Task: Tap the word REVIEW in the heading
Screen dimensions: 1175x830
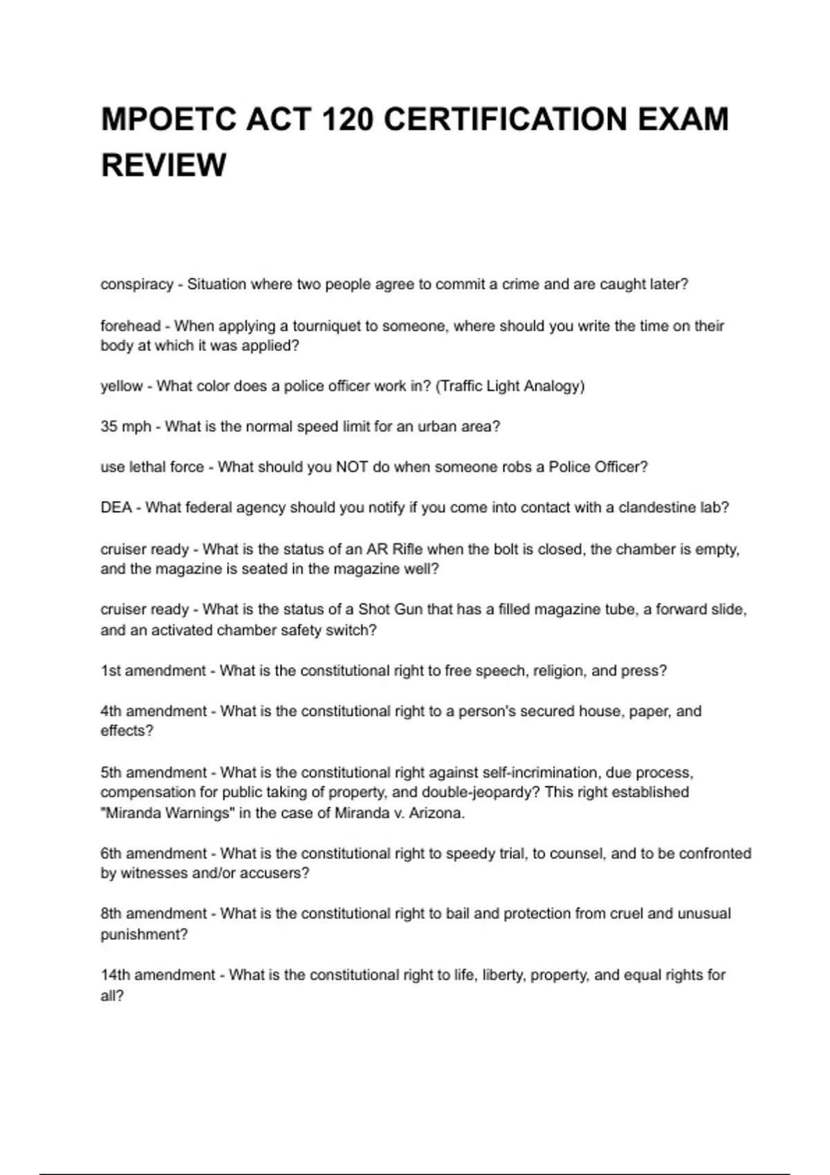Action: (164, 165)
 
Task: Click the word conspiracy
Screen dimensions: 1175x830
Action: (137, 284)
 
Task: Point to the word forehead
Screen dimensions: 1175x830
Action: (131, 326)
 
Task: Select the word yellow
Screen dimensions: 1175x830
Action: (122, 386)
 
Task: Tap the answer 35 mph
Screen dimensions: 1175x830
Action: (126, 426)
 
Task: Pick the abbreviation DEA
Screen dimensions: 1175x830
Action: (116, 507)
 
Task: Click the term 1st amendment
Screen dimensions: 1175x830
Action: (154, 670)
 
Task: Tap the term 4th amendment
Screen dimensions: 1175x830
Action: (154, 711)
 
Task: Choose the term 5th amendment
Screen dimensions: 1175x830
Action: (154, 772)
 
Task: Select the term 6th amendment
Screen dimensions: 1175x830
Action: (154, 854)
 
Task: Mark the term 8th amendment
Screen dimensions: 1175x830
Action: (154, 914)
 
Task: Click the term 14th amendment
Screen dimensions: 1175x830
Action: (158, 975)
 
